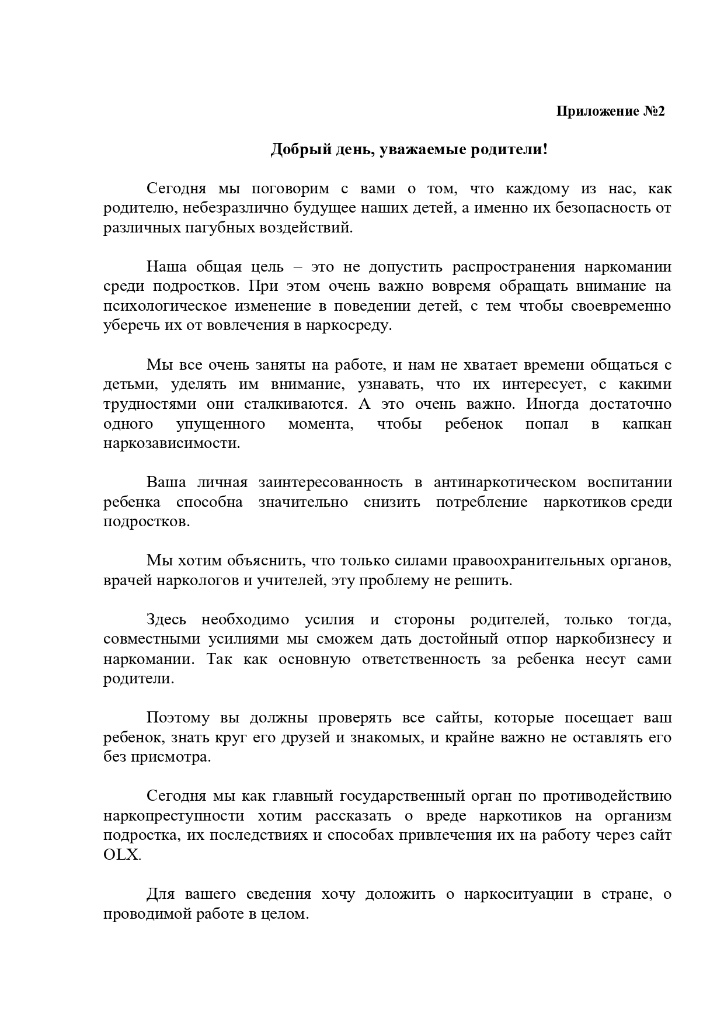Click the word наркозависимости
tap(172, 443)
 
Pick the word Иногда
tap(552, 404)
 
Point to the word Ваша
tap(166, 482)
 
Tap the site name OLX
tap(121, 855)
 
